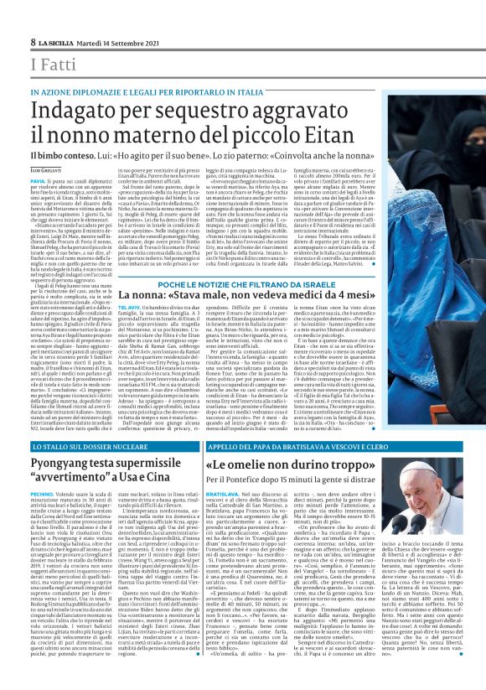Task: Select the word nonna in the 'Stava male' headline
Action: click(x=153, y=298)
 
